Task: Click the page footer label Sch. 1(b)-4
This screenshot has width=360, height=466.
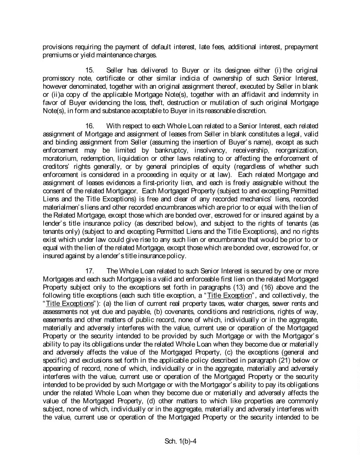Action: pos(180,441)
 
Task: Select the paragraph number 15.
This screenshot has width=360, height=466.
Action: pos(90,71)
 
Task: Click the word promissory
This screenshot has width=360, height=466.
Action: pos(59,78)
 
